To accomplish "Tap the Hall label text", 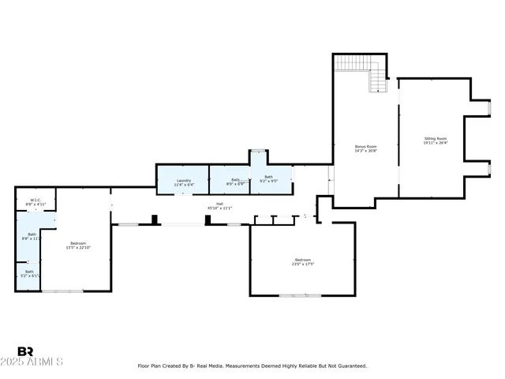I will point(219,204).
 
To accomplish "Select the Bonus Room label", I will point(365,146).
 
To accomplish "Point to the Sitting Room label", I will point(435,139).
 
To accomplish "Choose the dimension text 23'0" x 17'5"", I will point(303,264).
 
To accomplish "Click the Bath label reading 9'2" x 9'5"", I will point(268,177).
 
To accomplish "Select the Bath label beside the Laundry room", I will point(235,180).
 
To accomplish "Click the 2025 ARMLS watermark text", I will point(39,362).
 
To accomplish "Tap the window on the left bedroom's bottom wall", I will point(62,291).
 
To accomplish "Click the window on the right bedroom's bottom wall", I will point(300,295).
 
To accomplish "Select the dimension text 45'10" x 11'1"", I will point(219,208).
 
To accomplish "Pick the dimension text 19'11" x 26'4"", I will point(435,144).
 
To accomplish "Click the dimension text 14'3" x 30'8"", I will point(365,151).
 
